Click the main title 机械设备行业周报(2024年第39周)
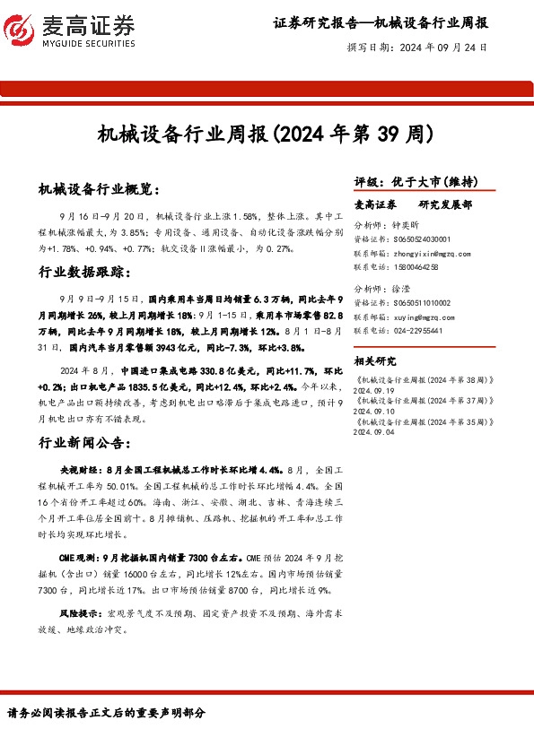tap(266, 135)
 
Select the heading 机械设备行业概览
tap(99, 190)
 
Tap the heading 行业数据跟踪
tap(86, 272)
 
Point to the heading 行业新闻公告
tap(86, 443)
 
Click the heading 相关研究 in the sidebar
tap(375, 361)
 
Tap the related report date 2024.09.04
tap(374, 431)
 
